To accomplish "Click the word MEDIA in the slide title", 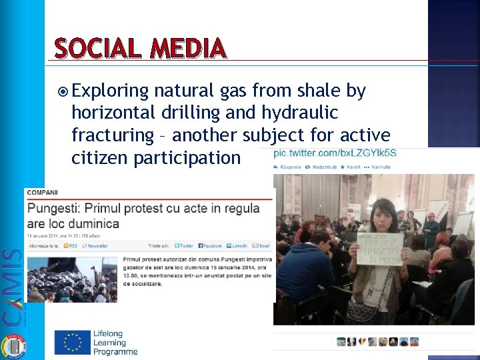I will (189, 49).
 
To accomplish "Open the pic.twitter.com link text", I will (335, 153).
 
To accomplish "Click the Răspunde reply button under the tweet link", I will (291, 167).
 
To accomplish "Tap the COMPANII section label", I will (43, 193).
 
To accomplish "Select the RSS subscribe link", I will (69, 246).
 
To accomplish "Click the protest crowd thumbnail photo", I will (71, 279).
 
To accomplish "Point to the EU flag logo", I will (72, 342).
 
